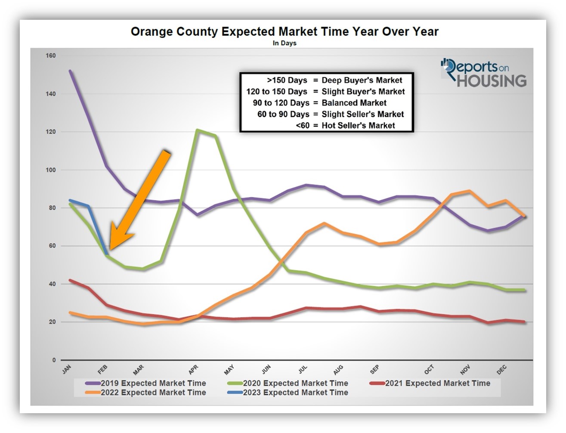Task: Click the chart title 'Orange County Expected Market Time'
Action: [284, 32]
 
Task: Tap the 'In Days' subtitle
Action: [284, 43]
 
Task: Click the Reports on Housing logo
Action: [483, 73]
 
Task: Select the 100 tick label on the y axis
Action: [50, 170]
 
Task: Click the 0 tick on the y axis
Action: [54, 360]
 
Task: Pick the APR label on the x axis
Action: [193, 370]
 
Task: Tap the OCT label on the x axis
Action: [429, 370]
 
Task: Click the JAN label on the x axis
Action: [67, 370]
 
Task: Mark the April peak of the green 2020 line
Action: [197, 130]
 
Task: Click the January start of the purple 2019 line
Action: [70, 71]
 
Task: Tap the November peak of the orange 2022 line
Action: [469, 191]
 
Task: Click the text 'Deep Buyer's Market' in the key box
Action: [362, 80]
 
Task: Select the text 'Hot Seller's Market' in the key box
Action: [358, 126]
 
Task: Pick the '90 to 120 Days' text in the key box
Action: [281, 103]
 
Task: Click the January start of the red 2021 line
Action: [70, 280]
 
